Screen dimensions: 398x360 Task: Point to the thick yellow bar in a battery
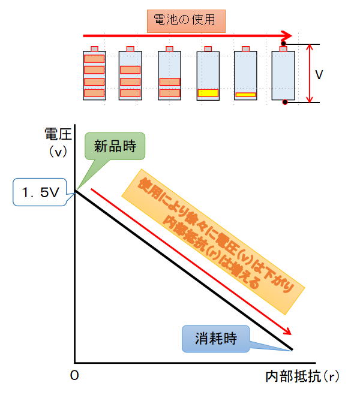[x=208, y=93]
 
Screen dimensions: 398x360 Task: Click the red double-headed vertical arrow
[x=308, y=73]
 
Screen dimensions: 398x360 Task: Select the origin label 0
[x=74, y=375]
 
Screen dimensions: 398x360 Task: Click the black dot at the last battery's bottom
[x=286, y=102]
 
